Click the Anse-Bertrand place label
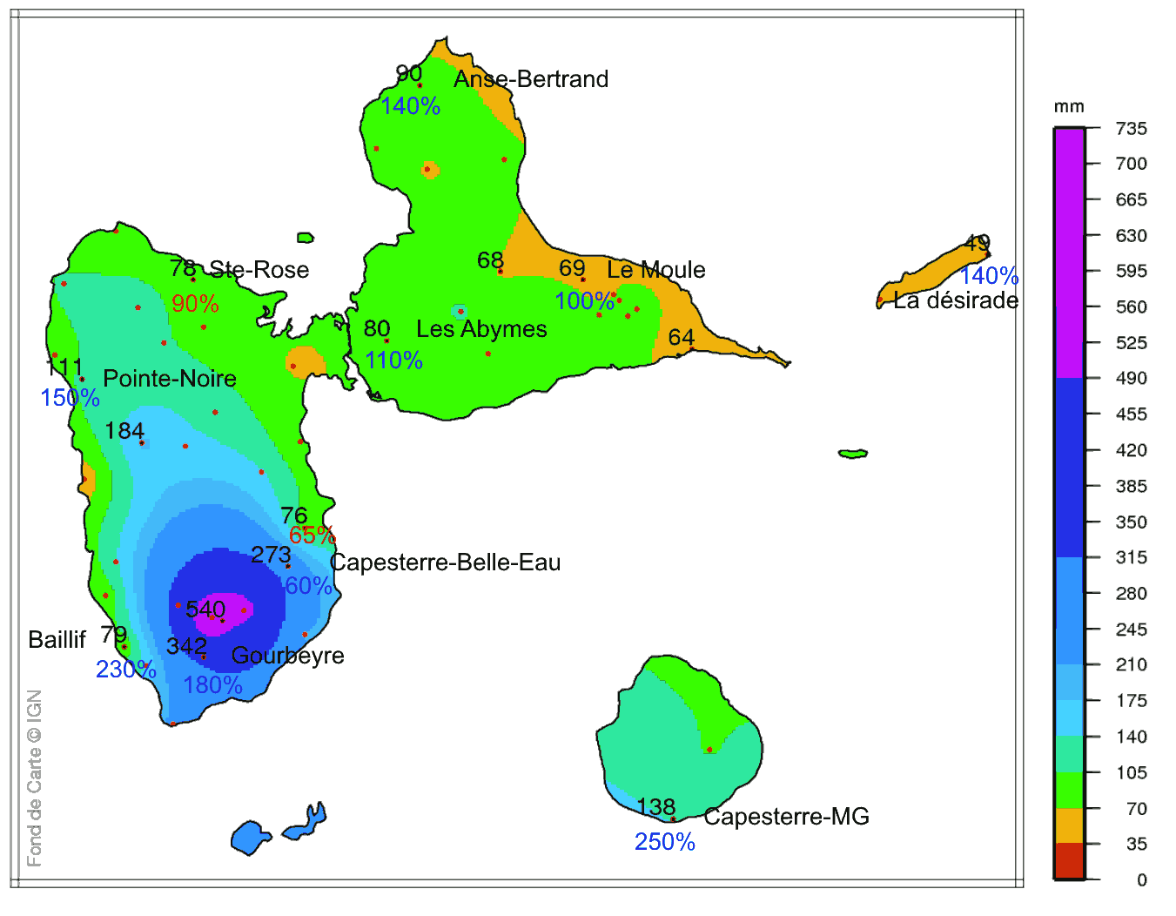(x=531, y=79)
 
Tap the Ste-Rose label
(x=259, y=270)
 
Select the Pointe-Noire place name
(x=170, y=379)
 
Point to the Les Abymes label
(x=481, y=329)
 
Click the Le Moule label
(x=656, y=270)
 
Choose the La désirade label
(x=956, y=300)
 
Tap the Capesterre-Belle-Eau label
(x=445, y=562)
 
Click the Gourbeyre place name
(x=287, y=656)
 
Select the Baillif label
(x=57, y=640)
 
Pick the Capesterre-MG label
(x=786, y=817)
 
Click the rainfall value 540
(x=205, y=609)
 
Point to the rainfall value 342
(x=186, y=646)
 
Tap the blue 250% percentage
(x=664, y=842)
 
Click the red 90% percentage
(x=195, y=304)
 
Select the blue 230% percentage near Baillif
(x=125, y=670)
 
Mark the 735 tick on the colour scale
(x=1131, y=129)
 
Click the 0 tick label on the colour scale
(x=1141, y=880)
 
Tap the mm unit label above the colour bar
(x=1069, y=107)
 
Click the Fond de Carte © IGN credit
(x=35, y=778)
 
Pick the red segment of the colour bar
(x=1069, y=861)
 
